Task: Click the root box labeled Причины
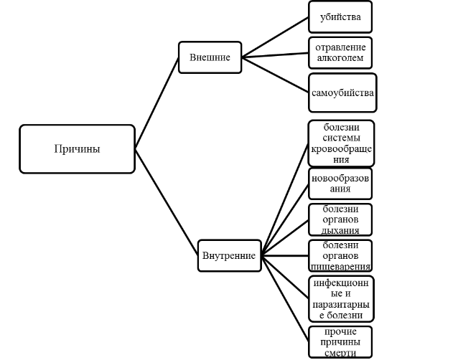77,149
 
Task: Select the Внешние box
210,57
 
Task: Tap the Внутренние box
229,256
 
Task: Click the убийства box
340,17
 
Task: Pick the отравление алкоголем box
340,53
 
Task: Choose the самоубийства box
342,93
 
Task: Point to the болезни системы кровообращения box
341,143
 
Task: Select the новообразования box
340,184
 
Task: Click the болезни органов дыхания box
340,219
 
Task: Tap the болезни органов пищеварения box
340,256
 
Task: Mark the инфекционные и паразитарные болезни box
341,299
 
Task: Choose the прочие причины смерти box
340,342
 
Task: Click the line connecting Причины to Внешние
156,103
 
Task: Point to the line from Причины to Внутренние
167,202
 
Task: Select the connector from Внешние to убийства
275,37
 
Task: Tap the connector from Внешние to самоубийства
275,75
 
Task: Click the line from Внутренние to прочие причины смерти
285,299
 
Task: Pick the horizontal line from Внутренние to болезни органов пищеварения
285,256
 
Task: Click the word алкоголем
340,58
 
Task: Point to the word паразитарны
341,305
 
